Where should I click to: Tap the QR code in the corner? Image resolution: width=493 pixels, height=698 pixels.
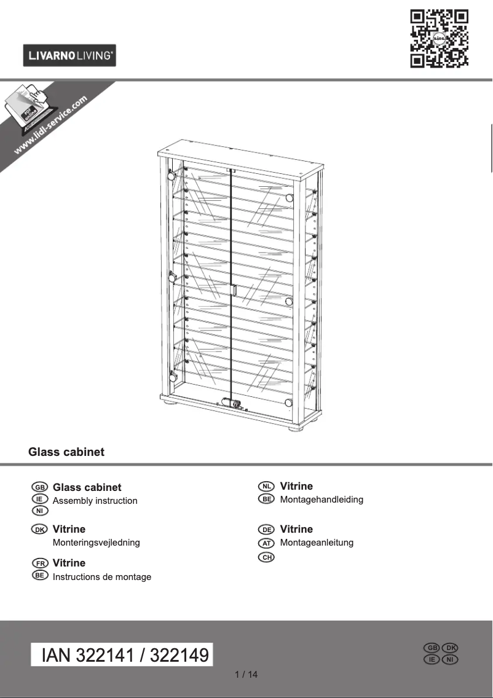(439, 38)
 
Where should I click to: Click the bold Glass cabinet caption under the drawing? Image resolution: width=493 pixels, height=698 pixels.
(66, 452)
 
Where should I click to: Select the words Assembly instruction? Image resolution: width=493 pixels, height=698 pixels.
(95, 501)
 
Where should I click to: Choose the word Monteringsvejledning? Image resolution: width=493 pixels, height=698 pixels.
(97, 543)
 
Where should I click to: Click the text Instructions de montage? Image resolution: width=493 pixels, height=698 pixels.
(102, 577)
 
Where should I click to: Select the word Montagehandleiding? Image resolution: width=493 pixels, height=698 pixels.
(321, 500)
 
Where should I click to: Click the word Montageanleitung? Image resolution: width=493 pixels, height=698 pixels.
(317, 543)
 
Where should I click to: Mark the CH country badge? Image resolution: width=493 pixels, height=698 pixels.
(266, 557)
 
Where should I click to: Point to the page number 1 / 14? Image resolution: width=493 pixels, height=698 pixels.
(246, 675)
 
